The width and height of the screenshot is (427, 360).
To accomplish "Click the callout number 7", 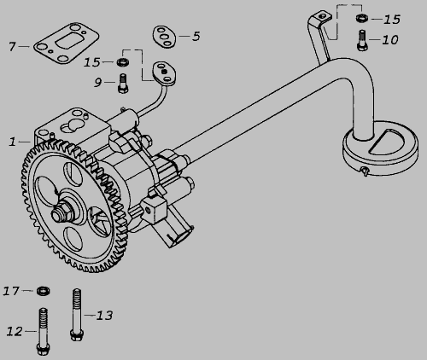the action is pos(12,47).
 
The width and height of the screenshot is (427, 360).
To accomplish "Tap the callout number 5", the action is pos(196,36).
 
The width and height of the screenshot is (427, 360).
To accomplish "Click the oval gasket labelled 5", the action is pos(164,37).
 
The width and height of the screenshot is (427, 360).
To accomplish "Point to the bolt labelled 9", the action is pos(123,83).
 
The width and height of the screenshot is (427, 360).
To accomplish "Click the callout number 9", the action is pos(97,83).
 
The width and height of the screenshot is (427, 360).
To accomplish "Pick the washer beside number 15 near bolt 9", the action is pos(124,61).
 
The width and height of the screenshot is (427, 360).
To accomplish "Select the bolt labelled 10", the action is pos(362,40).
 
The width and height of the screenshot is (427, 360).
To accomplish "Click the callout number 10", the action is pos(390,40).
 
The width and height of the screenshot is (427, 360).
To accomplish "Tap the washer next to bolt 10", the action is pos(362,18).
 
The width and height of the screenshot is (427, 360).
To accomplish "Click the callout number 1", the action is pos(12,142).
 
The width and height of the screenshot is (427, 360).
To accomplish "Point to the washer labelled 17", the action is pos(44,291).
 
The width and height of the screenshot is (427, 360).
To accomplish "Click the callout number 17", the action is pos(11,291).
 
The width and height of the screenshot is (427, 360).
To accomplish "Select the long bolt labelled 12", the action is pos(44,332).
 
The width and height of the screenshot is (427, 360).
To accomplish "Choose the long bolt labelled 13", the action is pos(77,315).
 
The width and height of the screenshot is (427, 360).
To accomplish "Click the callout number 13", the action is pos(104,316).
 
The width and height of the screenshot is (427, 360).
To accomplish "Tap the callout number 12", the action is pos(15,331).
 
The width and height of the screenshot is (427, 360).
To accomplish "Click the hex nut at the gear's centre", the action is pos(61,212).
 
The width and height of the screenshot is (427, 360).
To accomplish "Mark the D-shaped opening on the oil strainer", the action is pos(390,141).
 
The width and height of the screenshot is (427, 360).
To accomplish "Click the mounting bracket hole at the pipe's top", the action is pos(322,16).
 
